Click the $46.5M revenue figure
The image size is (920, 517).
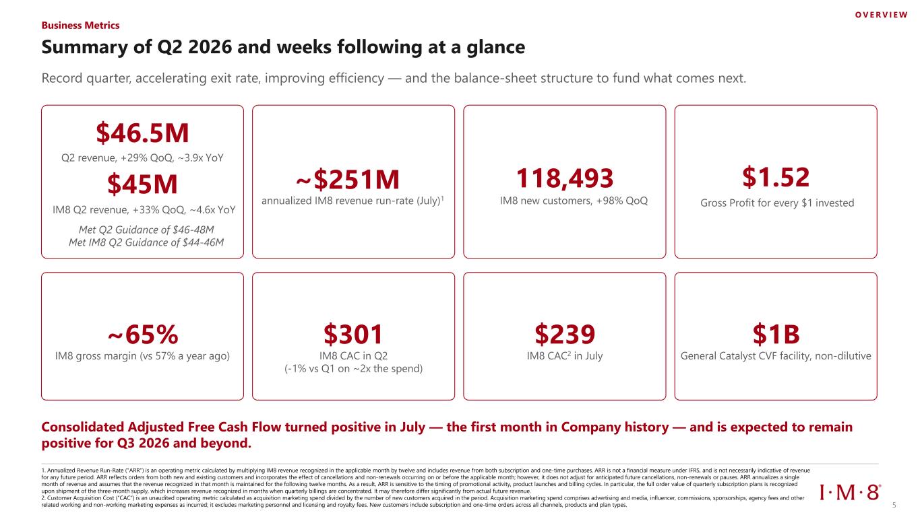[x=142, y=133]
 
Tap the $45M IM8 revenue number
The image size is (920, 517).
[x=142, y=184]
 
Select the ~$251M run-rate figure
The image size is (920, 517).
[x=348, y=179]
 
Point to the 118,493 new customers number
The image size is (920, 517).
[x=564, y=178]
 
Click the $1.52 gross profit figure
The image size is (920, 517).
[x=776, y=177]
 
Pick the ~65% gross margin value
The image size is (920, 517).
[x=143, y=335]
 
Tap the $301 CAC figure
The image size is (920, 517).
[x=353, y=334]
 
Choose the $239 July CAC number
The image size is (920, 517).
[x=565, y=334]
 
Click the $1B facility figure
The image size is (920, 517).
[x=776, y=334]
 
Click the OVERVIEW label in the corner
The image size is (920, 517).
[x=882, y=15]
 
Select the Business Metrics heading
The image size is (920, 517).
[x=80, y=26]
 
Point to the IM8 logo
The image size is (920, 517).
[x=850, y=492]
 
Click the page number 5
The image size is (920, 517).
[x=894, y=505]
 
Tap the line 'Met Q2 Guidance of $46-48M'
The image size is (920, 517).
[x=146, y=230]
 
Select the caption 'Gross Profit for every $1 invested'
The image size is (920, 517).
[x=777, y=203]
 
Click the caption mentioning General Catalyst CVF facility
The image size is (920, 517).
[x=776, y=355]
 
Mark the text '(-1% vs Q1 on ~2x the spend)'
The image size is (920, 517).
[x=354, y=368]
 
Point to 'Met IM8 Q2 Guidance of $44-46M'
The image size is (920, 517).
[x=146, y=242]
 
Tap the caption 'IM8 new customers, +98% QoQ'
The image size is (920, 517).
[x=574, y=201]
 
